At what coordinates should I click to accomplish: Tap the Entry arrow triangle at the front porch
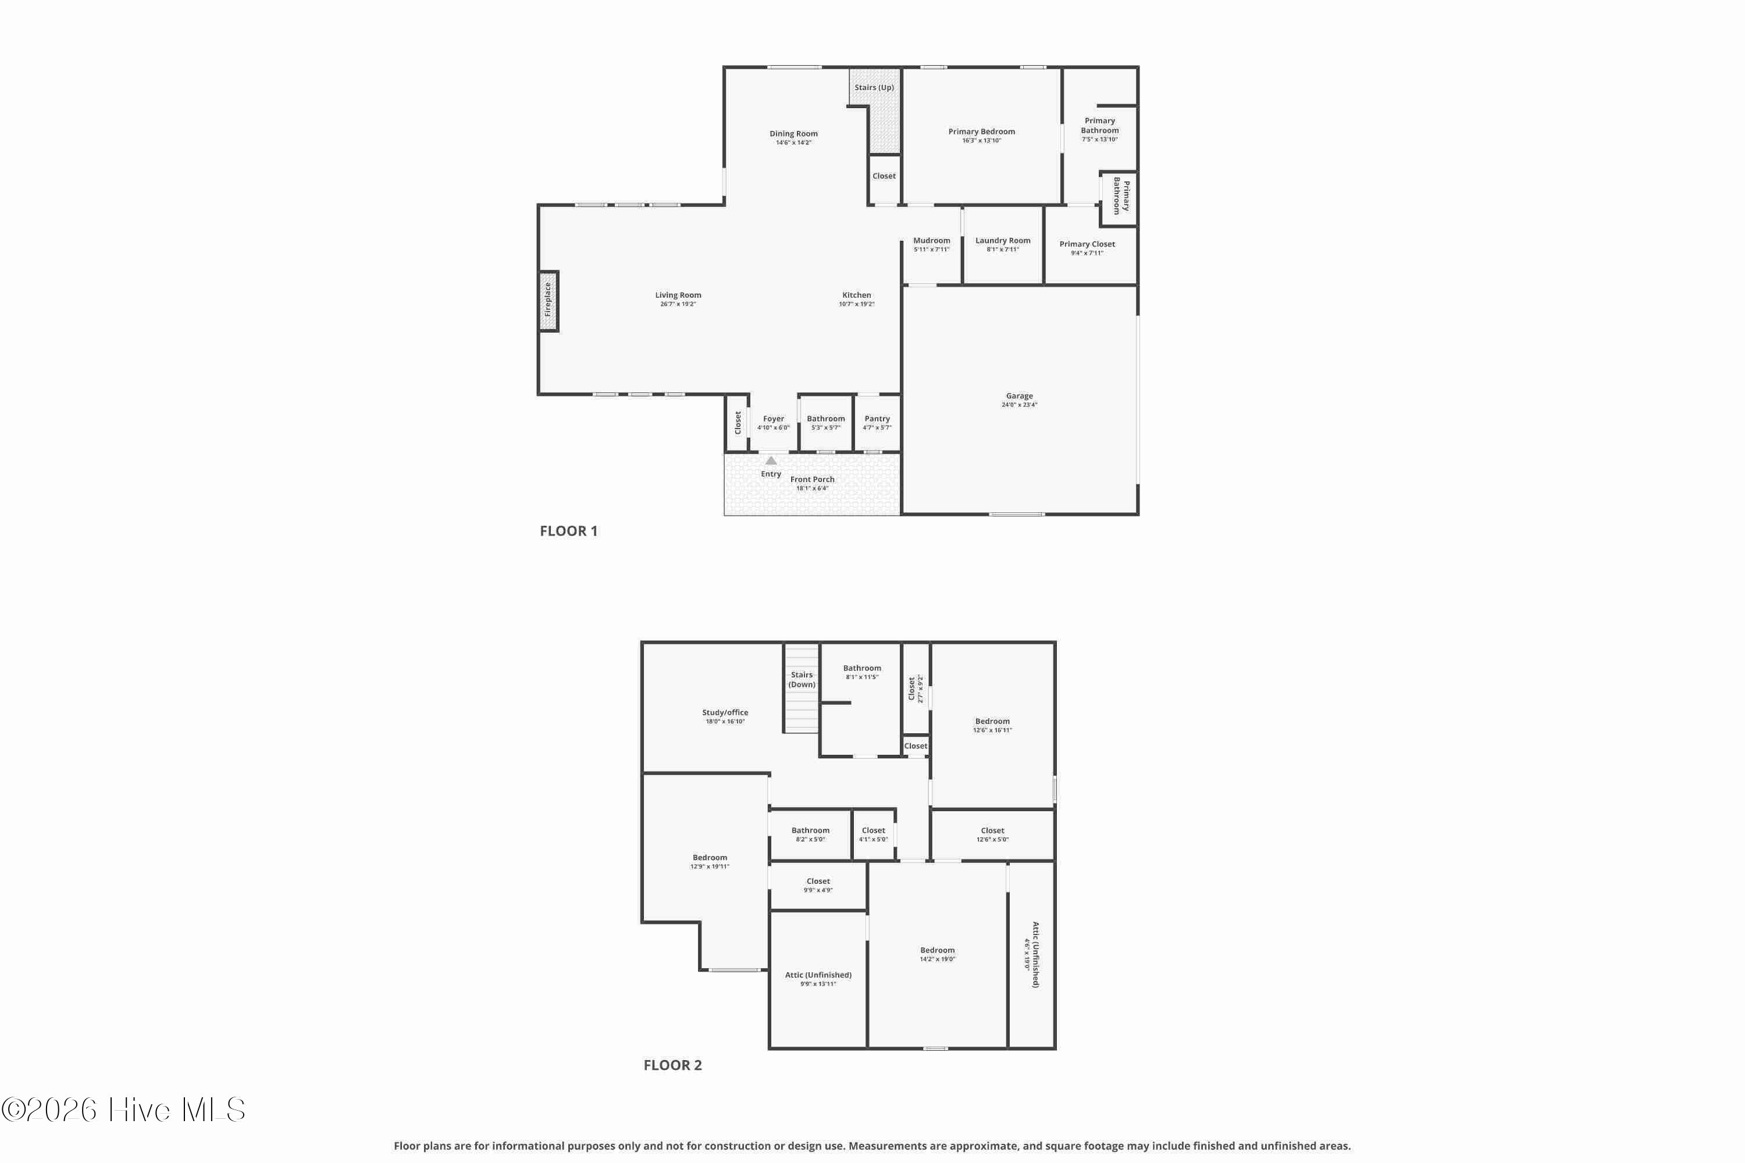click(771, 461)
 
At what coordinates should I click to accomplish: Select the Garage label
click(1020, 396)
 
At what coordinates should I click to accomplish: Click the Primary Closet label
click(1087, 244)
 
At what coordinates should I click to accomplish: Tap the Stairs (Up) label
click(874, 88)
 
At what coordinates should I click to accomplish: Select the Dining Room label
click(793, 134)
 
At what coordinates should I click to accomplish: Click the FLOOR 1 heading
click(568, 531)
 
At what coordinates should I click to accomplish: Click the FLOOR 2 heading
click(672, 1065)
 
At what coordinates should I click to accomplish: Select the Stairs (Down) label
click(802, 679)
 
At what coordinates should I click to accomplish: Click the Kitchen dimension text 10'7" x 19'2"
click(856, 304)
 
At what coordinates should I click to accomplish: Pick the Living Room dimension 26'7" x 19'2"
click(678, 304)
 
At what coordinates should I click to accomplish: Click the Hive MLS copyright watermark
click(123, 1110)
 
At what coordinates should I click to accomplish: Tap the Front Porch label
click(811, 480)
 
